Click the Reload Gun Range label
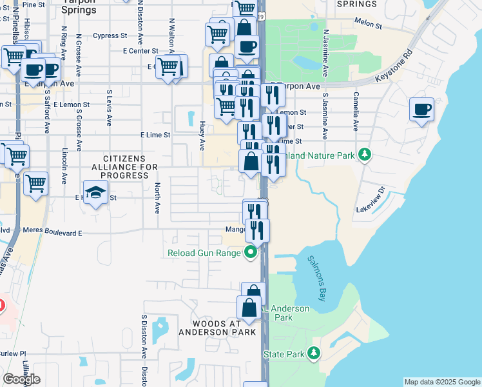click(204, 253)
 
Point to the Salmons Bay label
click(323, 277)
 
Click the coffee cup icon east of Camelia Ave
click(421, 110)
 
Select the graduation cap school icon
click(95, 193)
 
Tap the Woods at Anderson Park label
click(217, 327)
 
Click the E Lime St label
click(155, 135)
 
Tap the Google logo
click(21, 379)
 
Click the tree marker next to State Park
click(314, 353)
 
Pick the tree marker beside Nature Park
click(365, 155)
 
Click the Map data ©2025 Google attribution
click(441, 382)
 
